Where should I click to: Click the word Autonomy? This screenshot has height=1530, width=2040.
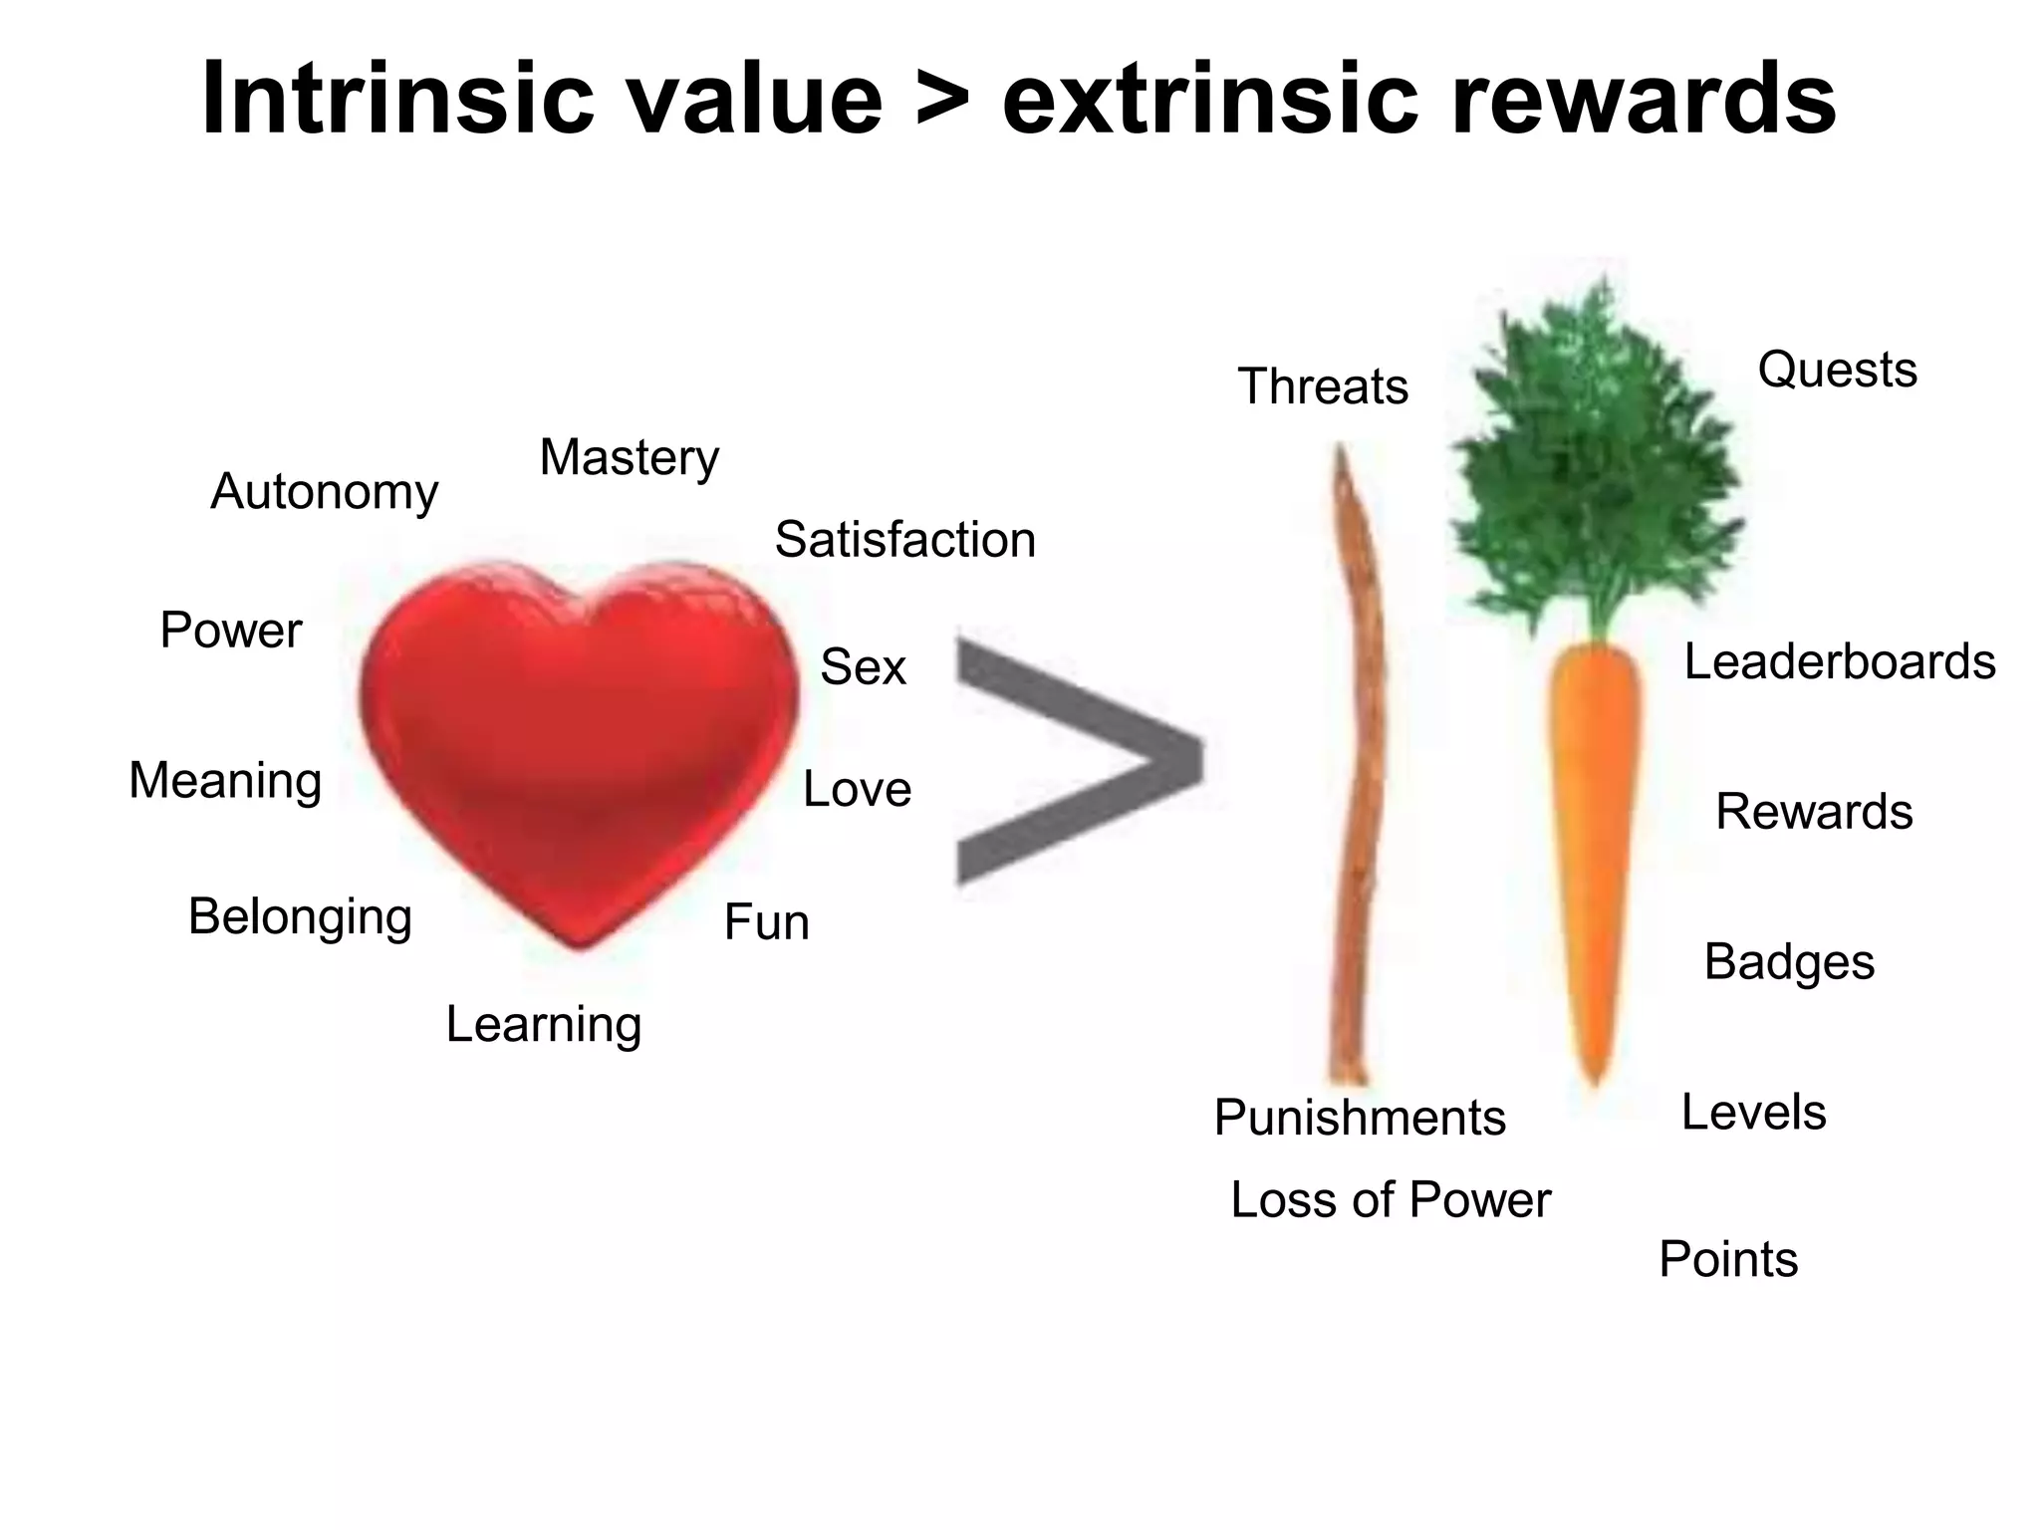point(324,492)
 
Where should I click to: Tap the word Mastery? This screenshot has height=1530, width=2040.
point(629,458)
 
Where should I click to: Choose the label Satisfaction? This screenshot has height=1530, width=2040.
point(904,540)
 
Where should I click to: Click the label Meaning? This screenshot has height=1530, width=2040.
point(225,780)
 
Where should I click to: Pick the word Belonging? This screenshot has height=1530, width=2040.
point(300,916)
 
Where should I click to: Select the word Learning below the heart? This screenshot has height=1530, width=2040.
point(543,1024)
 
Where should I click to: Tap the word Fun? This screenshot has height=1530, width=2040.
point(766,922)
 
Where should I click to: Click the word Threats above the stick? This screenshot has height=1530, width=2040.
point(1323,386)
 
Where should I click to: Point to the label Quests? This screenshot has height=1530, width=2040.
point(1837,370)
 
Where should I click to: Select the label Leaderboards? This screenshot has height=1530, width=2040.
point(1839,661)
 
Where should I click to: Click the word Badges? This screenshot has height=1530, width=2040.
point(1789,962)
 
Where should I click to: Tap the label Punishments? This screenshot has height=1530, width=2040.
point(1360,1118)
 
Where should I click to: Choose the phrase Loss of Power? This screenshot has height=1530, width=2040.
point(1391,1199)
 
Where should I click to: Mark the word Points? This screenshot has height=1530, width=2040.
point(1728,1259)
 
